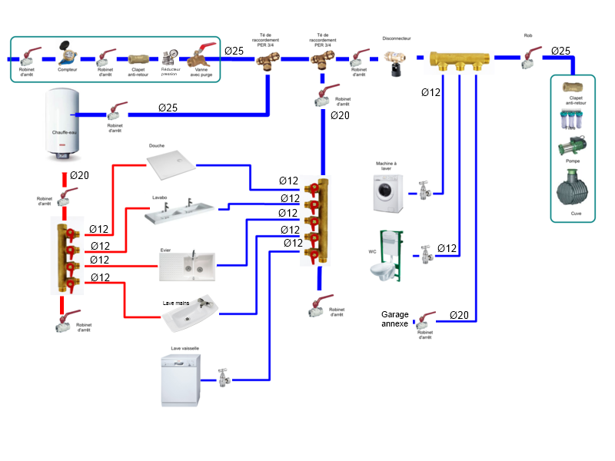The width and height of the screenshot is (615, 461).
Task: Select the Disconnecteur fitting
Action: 396,61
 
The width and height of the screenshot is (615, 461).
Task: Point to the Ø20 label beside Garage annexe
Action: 458,315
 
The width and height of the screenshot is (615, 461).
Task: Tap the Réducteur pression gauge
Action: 170,58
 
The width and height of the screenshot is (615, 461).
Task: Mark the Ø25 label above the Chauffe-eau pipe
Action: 168,107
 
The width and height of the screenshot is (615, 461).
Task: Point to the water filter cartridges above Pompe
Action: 573,120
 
